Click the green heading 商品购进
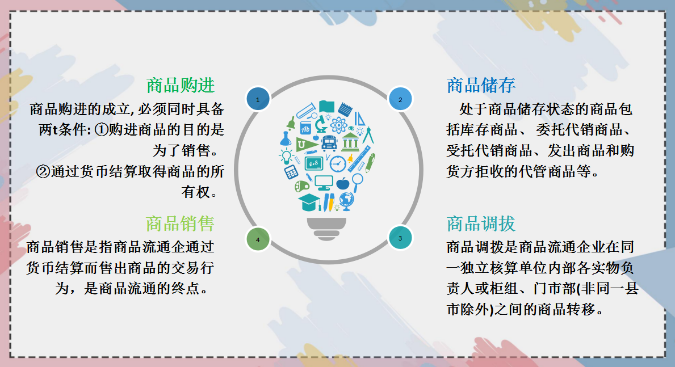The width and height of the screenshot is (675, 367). [181, 86]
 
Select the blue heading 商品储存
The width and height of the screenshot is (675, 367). [481, 86]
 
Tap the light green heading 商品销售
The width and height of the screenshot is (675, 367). [180, 223]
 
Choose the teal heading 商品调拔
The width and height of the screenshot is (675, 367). [481, 223]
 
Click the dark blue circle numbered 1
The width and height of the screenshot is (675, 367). [258, 99]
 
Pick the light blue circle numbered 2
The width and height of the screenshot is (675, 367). [400, 99]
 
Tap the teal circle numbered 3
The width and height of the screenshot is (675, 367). [400, 238]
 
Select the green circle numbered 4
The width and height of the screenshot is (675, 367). [258, 239]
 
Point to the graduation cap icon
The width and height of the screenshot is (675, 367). [309, 201]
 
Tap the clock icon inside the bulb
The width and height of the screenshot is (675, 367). [338, 163]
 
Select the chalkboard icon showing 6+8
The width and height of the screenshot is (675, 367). [314, 163]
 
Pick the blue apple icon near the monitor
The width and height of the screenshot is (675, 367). [342, 183]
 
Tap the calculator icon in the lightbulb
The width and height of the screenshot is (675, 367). [292, 172]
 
